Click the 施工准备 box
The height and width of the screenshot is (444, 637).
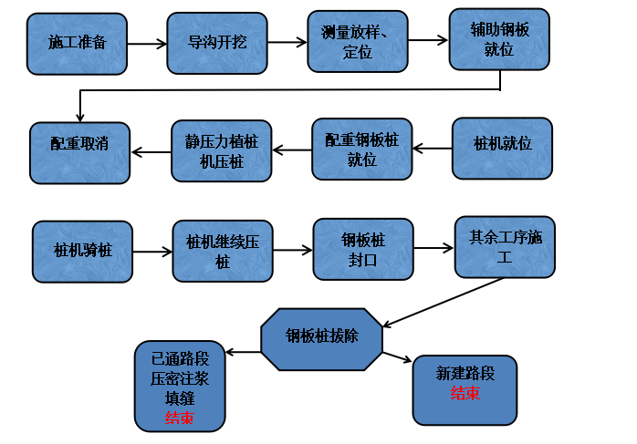[x=77, y=44]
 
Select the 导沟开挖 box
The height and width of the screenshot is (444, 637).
[x=217, y=43]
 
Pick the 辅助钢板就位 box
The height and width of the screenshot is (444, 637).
[x=500, y=39]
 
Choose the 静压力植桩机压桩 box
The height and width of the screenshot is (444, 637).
[x=222, y=150]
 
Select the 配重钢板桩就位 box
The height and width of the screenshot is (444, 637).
[x=362, y=149]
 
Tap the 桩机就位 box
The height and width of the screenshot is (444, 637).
[x=503, y=147]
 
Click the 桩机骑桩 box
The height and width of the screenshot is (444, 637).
[x=83, y=251]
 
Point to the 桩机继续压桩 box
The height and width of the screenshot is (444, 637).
[x=223, y=250]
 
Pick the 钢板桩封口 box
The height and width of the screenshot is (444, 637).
[x=363, y=249]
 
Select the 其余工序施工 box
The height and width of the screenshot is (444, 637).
[x=504, y=247]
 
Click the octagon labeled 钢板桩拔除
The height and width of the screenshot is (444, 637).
[x=321, y=338]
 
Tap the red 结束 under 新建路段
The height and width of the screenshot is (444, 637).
[x=465, y=394]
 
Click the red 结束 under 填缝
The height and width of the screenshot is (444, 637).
[x=179, y=418]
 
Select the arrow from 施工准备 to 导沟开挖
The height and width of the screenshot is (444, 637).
[x=147, y=44]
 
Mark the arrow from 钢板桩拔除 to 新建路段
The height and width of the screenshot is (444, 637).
[x=399, y=358]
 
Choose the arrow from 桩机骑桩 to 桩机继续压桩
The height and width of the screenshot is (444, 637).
[x=152, y=251]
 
